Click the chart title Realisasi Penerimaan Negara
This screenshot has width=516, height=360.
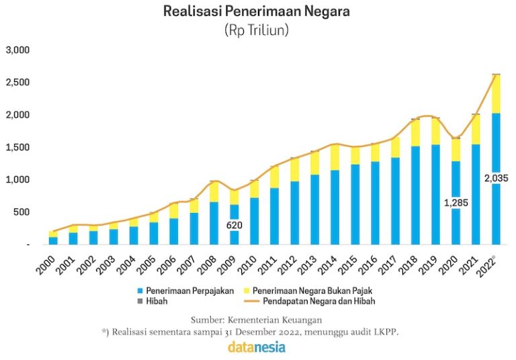(x=257, y=11)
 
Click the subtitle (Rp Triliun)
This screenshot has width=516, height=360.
(x=257, y=30)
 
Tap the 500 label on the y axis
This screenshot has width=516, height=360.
(x=21, y=212)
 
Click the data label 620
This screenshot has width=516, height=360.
(x=234, y=226)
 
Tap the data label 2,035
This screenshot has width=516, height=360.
(x=496, y=178)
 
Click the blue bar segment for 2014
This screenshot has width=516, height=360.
(x=335, y=208)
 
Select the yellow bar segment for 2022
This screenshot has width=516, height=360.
(x=496, y=94)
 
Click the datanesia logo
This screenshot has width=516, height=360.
(x=257, y=347)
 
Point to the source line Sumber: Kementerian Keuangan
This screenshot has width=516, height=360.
(x=257, y=319)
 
